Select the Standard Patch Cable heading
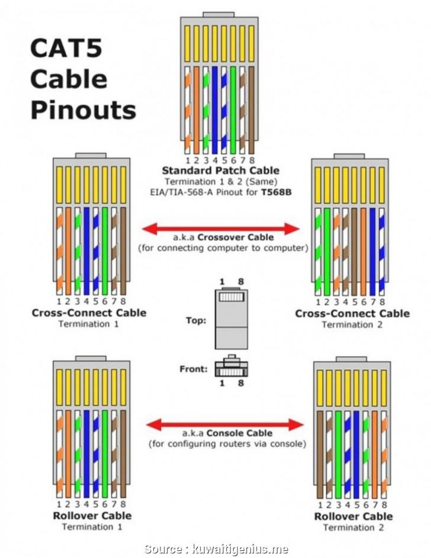pyautogui.click(x=221, y=170)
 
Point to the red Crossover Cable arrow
pyautogui.click(x=221, y=228)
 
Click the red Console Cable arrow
pyautogui.click(x=224, y=424)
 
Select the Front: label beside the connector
pyautogui.click(x=193, y=369)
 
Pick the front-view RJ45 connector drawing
pyautogui.click(x=230, y=368)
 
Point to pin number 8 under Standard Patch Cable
pyautogui.click(x=252, y=160)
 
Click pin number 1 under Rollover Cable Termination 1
pyautogui.click(x=59, y=505)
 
